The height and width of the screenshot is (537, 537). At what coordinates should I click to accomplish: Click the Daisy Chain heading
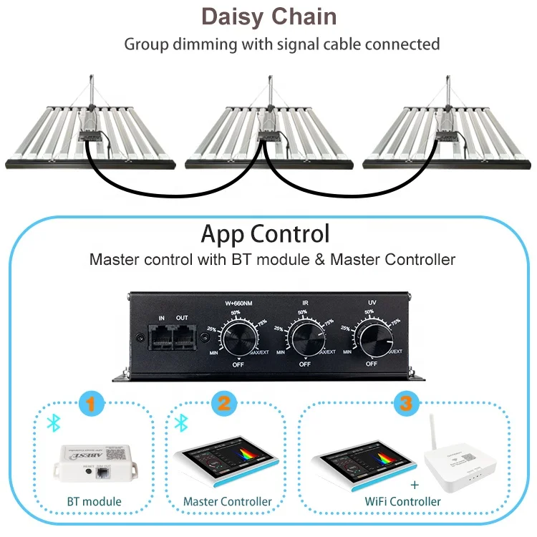pos(268,17)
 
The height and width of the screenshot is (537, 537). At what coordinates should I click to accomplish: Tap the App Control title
pos(265,234)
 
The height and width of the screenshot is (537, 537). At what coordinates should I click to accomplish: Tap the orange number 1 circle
pos(89,404)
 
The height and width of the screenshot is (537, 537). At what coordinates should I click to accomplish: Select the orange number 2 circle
pos(223,404)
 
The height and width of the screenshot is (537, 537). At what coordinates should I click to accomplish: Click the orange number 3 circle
pos(405,404)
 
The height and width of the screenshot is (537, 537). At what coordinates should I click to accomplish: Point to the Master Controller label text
pos(227,502)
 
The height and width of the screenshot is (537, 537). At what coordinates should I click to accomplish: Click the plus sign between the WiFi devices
pos(414,485)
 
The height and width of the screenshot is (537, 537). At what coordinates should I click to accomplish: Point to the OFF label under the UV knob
pos(371,364)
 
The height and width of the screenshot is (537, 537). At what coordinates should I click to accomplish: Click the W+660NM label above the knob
pos(238,303)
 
